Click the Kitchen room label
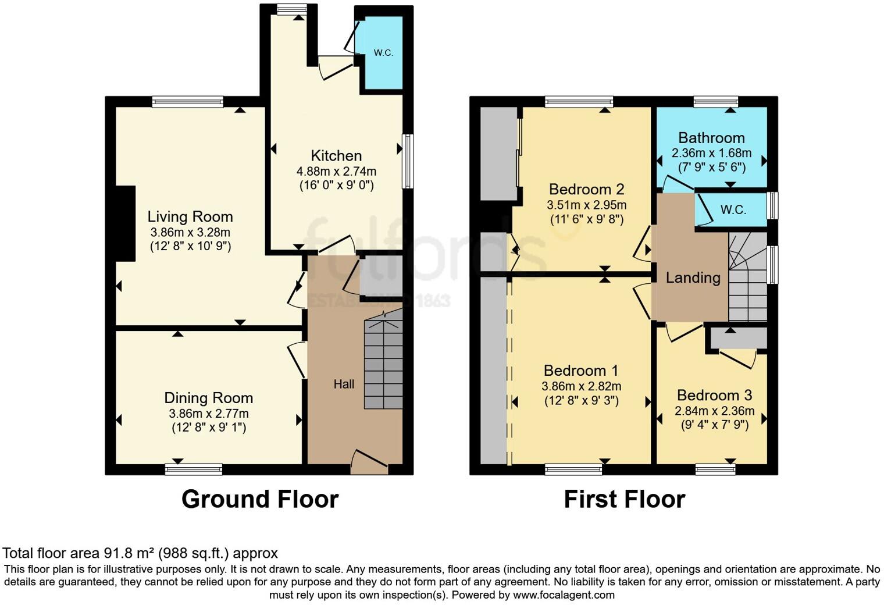(x=336, y=156)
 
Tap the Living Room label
(x=190, y=217)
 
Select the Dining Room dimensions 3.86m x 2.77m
(x=208, y=414)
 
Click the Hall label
(x=344, y=384)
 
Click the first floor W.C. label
(x=733, y=210)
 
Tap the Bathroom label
(x=711, y=138)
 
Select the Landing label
(x=693, y=278)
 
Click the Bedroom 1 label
(x=581, y=371)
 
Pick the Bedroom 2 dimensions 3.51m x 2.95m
(x=586, y=205)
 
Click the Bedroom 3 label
(x=714, y=396)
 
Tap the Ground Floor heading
(x=260, y=499)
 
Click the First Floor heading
(x=625, y=499)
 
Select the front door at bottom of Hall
(x=369, y=462)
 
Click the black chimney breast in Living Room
(x=125, y=223)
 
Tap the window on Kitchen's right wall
(x=408, y=161)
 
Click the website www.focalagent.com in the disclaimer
(x=564, y=595)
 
